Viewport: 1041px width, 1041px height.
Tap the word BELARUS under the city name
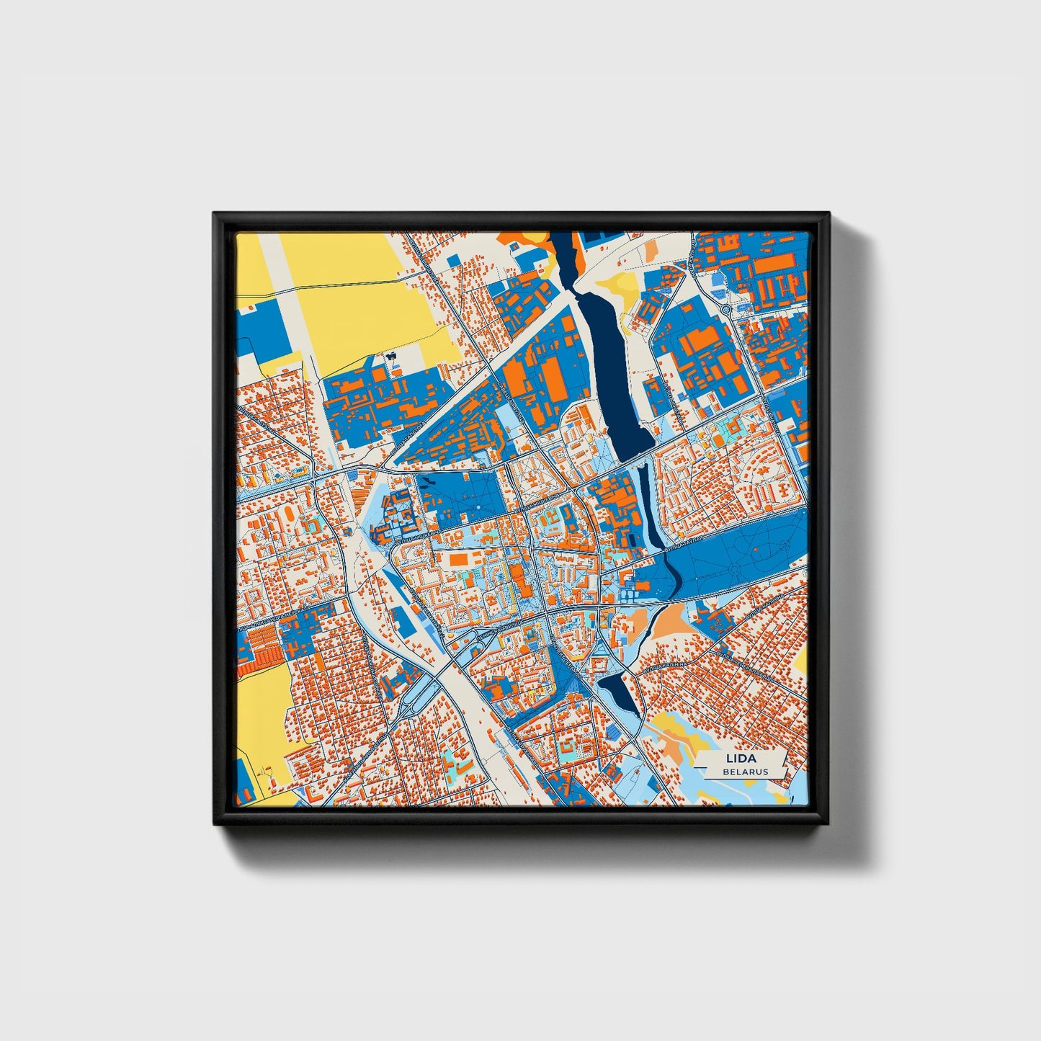pyautogui.click(x=746, y=772)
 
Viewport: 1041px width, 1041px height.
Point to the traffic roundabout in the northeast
pyautogui.click(x=727, y=310)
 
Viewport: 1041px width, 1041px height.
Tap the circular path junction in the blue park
pyautogui.click(x=734, y=568)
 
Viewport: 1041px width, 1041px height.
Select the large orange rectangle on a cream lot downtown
pyautogui.click(x=460, y=558)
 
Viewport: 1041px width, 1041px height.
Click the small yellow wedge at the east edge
pyautogui.click(x=801, y=659)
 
